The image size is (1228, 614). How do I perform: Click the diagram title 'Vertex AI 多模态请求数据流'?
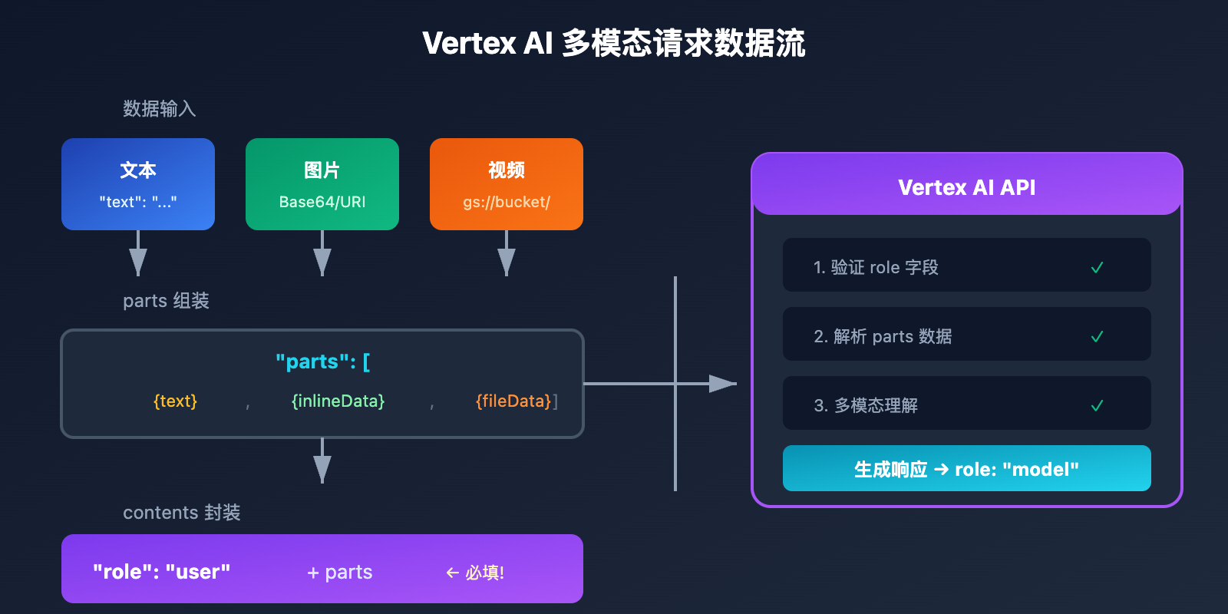613,43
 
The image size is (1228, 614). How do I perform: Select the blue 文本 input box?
138,184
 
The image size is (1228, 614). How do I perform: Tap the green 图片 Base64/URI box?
322,184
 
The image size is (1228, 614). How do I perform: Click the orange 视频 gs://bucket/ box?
507,184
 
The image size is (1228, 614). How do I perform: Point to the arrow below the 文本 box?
138,257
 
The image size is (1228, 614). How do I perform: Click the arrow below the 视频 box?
507,257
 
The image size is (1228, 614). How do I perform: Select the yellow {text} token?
175,401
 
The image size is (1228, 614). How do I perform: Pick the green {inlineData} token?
338,401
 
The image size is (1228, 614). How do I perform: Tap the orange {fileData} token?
513,401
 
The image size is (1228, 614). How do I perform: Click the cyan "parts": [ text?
322,361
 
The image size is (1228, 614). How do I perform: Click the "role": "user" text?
161,572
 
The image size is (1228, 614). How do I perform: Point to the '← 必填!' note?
475,573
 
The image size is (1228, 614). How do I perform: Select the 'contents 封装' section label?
181,513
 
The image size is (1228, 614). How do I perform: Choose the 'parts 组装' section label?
166,301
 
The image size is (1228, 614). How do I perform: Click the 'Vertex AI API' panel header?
966,187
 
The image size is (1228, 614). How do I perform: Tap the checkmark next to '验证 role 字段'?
1097,267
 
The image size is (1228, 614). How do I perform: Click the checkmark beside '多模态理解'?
1097,405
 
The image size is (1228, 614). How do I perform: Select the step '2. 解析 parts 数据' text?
883,336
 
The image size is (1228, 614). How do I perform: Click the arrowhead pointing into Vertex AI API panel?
721,383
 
